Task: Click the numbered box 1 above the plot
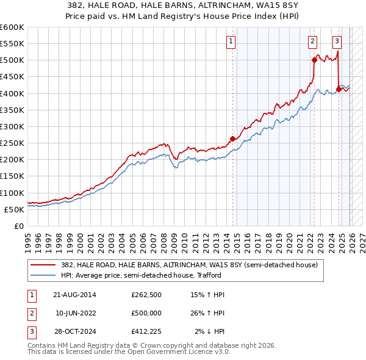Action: pyautogui.click(x=232, y=41)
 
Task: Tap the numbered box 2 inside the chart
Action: pyautogui.click(x=312, y=41)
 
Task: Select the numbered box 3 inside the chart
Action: pyautogui.click(x=337, y=41)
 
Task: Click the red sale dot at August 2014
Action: pyautogui.click(x=232, y=139)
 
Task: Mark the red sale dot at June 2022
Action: pyautogui.click(x=314, y=60)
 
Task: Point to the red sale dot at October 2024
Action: pyautogui.click(x=339, y=89)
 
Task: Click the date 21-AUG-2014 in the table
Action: pyautogui.click(x=74, y=295)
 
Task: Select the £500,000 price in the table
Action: pyautogui.click(x=146, y=313)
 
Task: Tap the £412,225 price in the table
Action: pyautogui.click(x=146, y=331)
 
